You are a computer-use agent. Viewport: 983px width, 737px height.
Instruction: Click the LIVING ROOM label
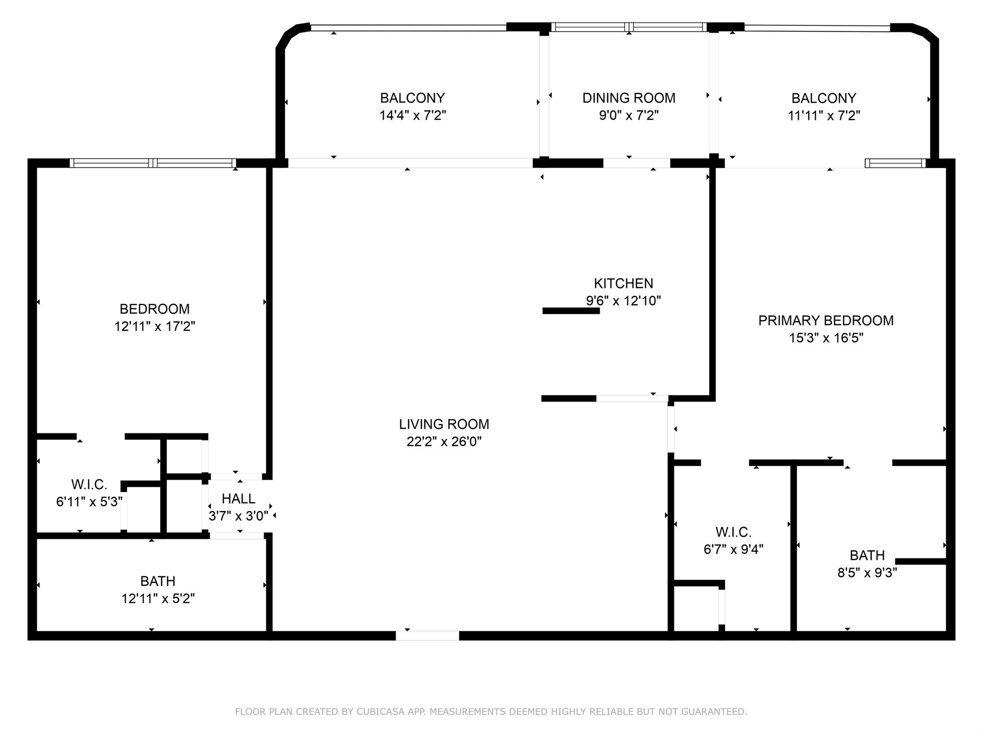[444, 424]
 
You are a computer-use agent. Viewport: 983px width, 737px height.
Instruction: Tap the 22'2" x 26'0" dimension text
[444, 441]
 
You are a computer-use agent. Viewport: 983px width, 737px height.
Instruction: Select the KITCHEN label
[623, 283]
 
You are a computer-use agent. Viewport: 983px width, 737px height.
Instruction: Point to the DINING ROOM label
[629, 98]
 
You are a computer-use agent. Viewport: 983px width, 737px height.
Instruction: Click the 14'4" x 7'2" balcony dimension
[413, 115]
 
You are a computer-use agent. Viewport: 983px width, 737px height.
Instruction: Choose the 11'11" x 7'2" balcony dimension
[824, 116]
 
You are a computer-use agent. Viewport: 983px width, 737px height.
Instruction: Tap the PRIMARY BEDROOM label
[826, 321]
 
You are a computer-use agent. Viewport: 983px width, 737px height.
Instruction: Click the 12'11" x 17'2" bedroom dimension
[155, 326]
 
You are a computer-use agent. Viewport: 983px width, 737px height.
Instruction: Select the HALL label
[239, 499]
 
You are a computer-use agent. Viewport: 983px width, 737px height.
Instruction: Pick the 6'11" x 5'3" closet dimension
[89, 502]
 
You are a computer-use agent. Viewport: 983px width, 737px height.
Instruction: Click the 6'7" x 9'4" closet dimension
[733, 549]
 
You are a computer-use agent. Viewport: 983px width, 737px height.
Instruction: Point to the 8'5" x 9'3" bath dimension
[867, 572]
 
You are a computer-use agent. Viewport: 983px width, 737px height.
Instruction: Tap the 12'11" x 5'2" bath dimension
[158, 598]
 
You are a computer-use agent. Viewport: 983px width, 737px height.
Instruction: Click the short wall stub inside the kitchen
[571, 311]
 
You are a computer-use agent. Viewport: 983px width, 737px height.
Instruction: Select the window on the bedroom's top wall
[153, 163]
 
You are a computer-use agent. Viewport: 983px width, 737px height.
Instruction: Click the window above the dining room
[629, 27]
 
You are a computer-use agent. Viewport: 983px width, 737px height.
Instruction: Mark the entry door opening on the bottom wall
[427, 636]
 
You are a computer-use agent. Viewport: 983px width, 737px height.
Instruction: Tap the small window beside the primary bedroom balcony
[895, 163]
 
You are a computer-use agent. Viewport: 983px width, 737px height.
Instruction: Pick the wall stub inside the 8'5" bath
[920, 561]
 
